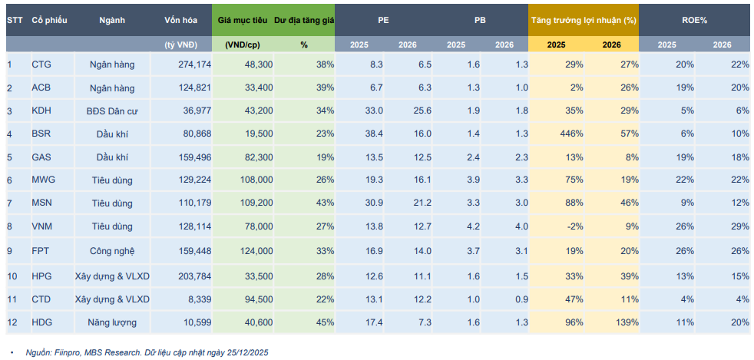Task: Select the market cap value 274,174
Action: coord(193,64)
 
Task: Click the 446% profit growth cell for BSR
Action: coord(569,134)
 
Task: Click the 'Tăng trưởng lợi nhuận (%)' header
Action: coord(583,20)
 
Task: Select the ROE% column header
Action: coord(696,20)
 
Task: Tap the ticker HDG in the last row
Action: coord(41,322)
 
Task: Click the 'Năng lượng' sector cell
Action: coord(112,322)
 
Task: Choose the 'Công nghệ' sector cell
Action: coord(112,250)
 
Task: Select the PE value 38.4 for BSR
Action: coord(373,134)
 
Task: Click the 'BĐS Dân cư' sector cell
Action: coord(112,111)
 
